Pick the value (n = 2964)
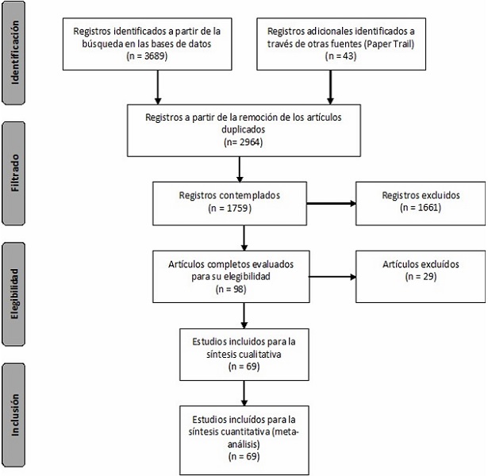243,143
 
